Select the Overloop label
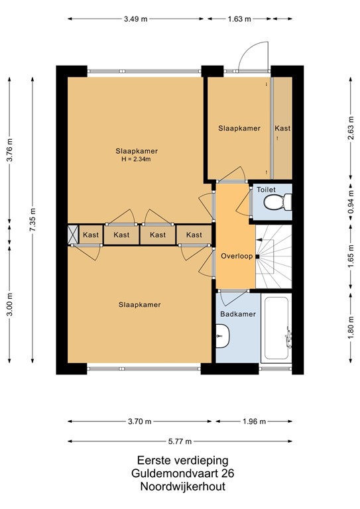click(x=237, y=256)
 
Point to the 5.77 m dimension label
click(x=180, y=441)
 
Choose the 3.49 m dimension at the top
click(x=135, y=19)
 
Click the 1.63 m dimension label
click(x=240, y=19)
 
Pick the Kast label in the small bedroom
click(x=282, y=129)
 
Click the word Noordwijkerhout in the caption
click(x=180, y=486)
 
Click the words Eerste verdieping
click(x=180, y=459)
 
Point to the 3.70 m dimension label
click(x=140, y=422)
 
